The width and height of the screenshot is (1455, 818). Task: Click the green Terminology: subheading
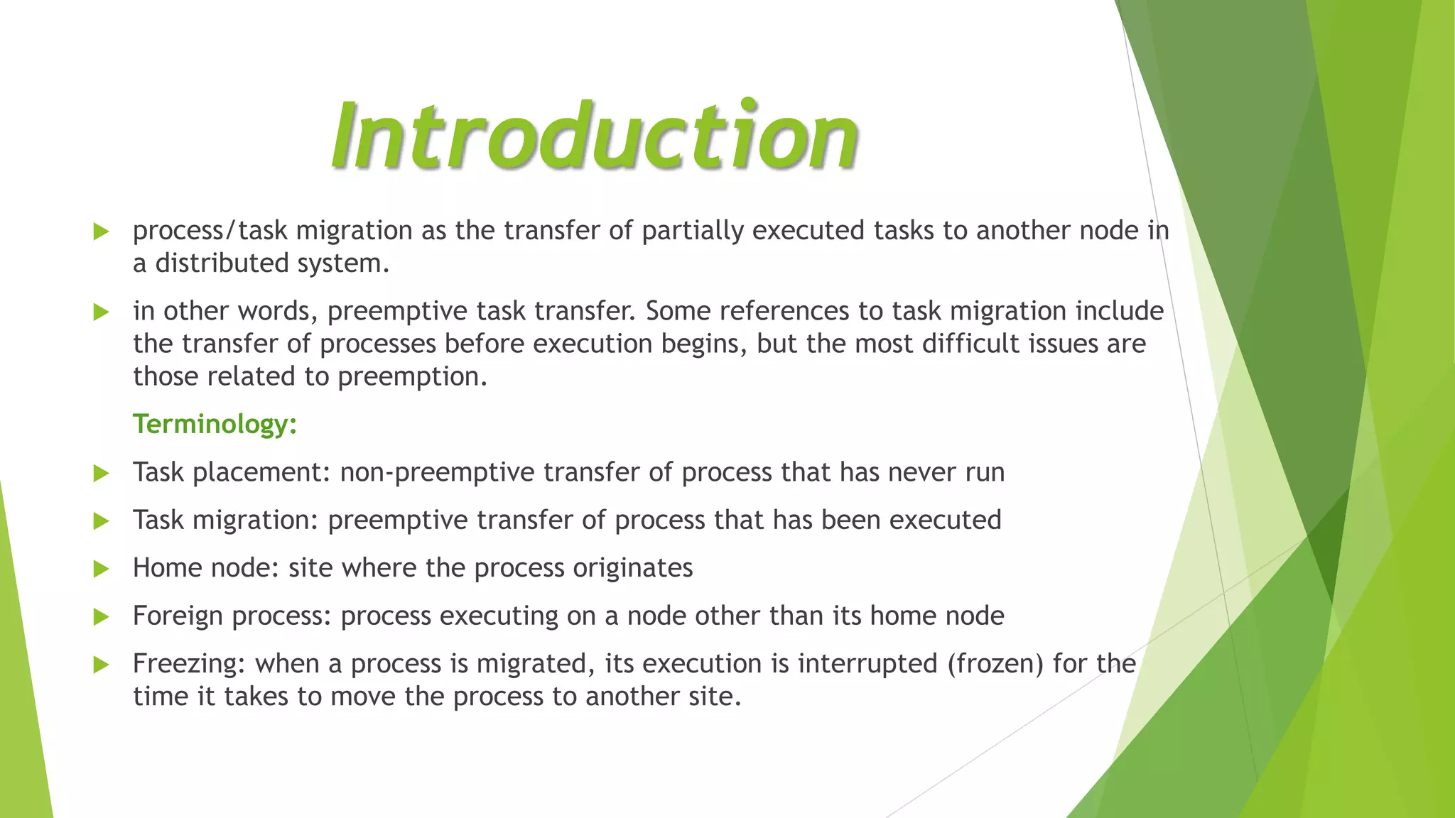click(x=215, y=424)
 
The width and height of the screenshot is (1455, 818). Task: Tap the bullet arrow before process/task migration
click(x=101, y=231)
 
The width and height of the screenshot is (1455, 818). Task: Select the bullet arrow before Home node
click(x=101, y=569)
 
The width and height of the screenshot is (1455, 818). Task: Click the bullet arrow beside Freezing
click(x=101, y=665)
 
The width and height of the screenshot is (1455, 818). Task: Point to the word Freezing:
click(x=189, y=664)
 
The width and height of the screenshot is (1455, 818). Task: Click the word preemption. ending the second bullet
click(x=412, y=377)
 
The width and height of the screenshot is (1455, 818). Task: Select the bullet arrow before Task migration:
click(x=101, y=521)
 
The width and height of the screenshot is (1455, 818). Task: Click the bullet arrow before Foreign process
click(x=101, y=616)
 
